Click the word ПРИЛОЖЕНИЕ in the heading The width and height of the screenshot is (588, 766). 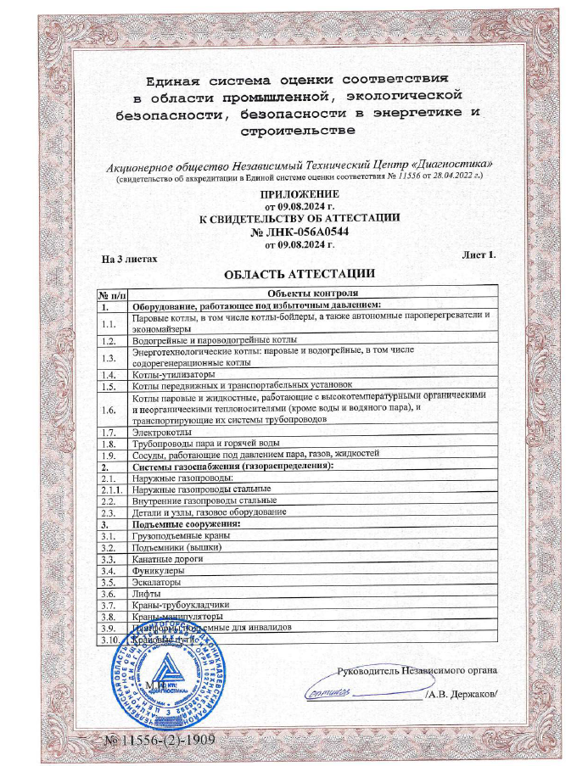tap(293, 194)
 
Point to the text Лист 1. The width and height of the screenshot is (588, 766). tap(479, 254)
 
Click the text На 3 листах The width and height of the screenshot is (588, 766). tap(130, 259)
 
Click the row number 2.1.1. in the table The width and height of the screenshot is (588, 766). tap(109, 489)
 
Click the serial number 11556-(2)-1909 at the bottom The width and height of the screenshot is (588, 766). tap(160, 741)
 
